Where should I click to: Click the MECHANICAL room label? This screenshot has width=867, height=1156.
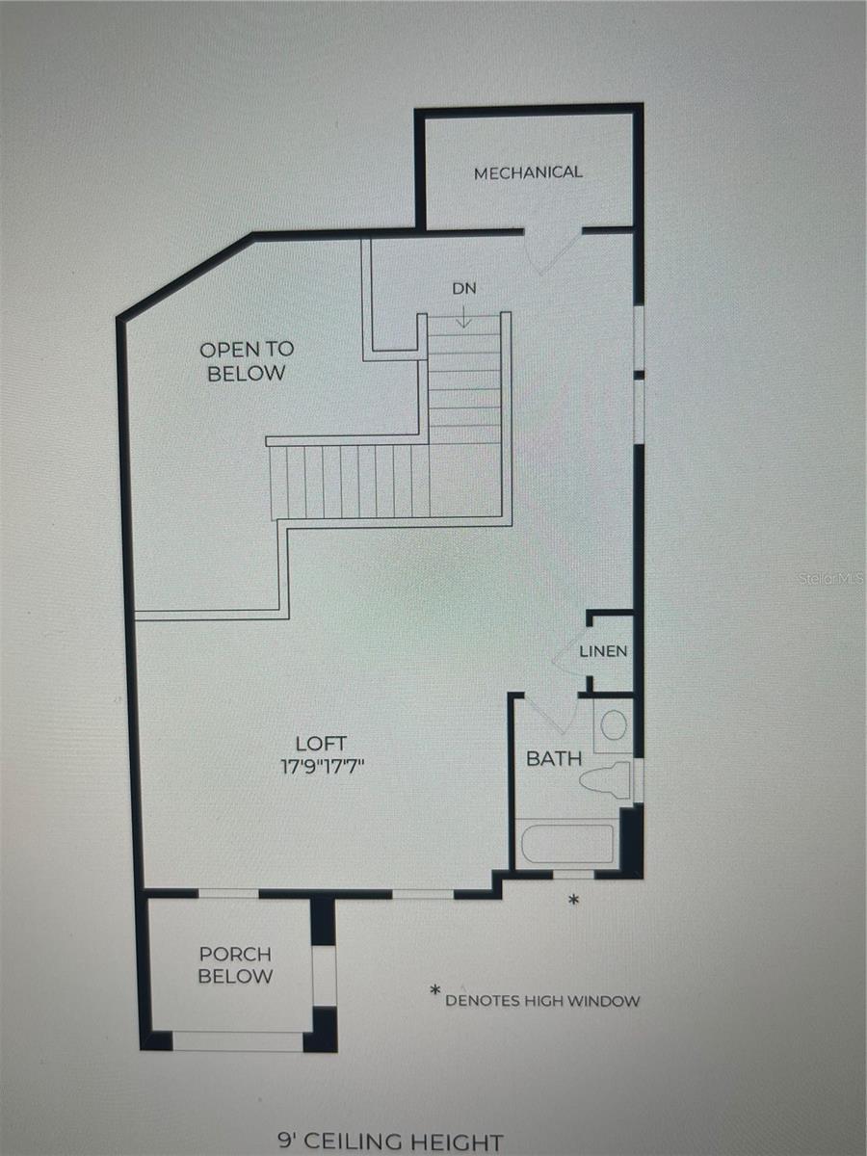pos(528,172)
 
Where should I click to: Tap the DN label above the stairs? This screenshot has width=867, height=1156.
pos(464,288)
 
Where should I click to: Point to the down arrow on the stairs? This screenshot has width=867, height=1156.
pos(464,316)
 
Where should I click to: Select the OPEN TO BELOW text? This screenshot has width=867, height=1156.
pos(247,361)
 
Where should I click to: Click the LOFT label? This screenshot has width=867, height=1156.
pos(321,744)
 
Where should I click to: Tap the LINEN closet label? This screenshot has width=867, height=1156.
pos(604,651)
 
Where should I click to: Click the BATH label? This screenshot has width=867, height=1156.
pos(554,759)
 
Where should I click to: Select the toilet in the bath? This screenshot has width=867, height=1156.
pos(607,778)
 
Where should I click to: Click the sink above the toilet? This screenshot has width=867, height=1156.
pos(613,724)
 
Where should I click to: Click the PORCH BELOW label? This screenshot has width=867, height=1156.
pos(235,965)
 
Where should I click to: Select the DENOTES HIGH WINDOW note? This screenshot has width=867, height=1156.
pos(541,1001)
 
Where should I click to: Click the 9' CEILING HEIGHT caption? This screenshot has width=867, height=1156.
pos(389,1143)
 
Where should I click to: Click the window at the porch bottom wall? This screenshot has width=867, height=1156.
pos(237,1041)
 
